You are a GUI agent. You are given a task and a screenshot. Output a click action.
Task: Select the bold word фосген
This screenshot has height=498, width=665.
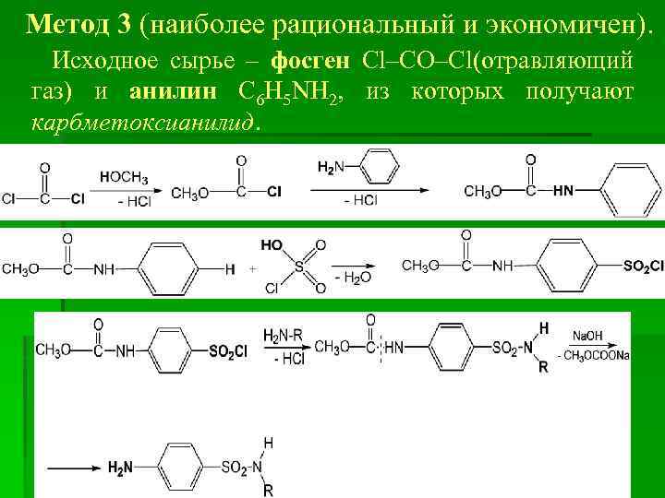coord(310,62)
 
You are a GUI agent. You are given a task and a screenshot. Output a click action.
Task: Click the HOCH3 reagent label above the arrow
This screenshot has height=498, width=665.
coord(124,176)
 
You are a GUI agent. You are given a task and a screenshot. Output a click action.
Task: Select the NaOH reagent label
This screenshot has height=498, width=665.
coord(587,335)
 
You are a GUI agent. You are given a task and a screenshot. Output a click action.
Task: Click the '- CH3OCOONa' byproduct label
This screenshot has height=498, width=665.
coord(595,356)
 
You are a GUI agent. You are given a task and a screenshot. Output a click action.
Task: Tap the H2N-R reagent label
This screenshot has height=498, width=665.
coord(284,334)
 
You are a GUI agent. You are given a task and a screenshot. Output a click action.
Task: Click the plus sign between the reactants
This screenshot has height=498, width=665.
coord(252,269)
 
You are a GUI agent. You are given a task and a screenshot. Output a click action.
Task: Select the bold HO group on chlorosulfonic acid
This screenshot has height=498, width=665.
coord(272,246)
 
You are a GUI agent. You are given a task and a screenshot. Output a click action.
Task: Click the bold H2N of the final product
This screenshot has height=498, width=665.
coord(120,468)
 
